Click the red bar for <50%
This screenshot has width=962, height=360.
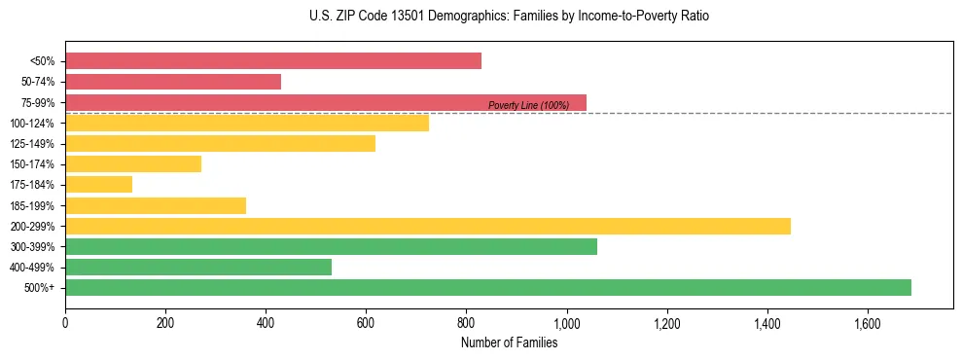pos(273,60)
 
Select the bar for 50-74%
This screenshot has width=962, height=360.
pos(173,82)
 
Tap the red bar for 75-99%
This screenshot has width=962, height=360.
pos(326,102)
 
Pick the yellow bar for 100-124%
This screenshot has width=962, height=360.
pos(247,123)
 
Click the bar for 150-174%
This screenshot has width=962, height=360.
pos(133,164)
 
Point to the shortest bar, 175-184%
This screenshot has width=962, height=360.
pos(98,185)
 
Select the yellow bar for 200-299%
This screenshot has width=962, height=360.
pos(428,226)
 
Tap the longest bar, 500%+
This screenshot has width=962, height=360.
pos(488,287)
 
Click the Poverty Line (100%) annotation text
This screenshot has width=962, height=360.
pos(528,105)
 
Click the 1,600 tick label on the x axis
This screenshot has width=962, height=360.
pos(868,322)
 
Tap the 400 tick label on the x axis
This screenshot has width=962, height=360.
pos(266,322)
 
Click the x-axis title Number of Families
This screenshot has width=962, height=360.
pos(509,342)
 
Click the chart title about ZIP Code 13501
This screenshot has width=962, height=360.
pos(509,17)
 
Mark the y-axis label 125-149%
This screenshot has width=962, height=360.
pos(32,144)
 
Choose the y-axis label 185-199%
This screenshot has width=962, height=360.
pos(32,205)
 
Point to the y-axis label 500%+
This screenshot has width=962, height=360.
pos(39,288)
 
